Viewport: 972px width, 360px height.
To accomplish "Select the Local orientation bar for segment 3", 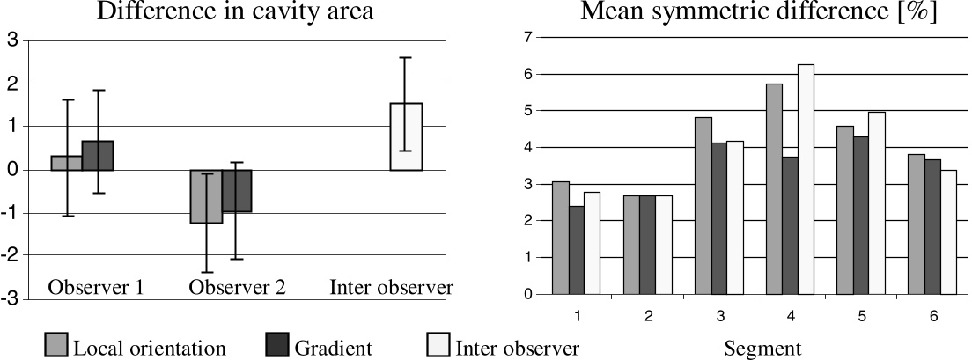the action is click(703, 206).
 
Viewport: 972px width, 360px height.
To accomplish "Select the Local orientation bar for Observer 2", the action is click(206, 196).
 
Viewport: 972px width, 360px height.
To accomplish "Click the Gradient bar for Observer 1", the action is click(98, 156).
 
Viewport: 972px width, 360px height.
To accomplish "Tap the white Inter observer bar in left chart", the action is click(406, 137).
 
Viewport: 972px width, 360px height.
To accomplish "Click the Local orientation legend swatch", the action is click(56, 345).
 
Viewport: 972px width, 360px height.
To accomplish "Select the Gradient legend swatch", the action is click(276, 345).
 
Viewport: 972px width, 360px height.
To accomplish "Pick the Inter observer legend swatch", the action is click(438, 345).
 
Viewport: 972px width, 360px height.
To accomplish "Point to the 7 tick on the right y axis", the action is click(528, 38).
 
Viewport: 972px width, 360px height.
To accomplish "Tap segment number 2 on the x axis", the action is click(648, 316).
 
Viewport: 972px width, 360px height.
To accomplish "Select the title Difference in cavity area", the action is click(236, 11).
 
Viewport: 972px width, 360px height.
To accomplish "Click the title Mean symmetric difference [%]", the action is click(759, 12).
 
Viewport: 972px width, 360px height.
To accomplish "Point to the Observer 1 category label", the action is click(96, 288).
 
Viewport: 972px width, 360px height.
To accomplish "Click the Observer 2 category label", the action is click(238, 288).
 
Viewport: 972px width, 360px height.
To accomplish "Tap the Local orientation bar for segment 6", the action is click(917, 224).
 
